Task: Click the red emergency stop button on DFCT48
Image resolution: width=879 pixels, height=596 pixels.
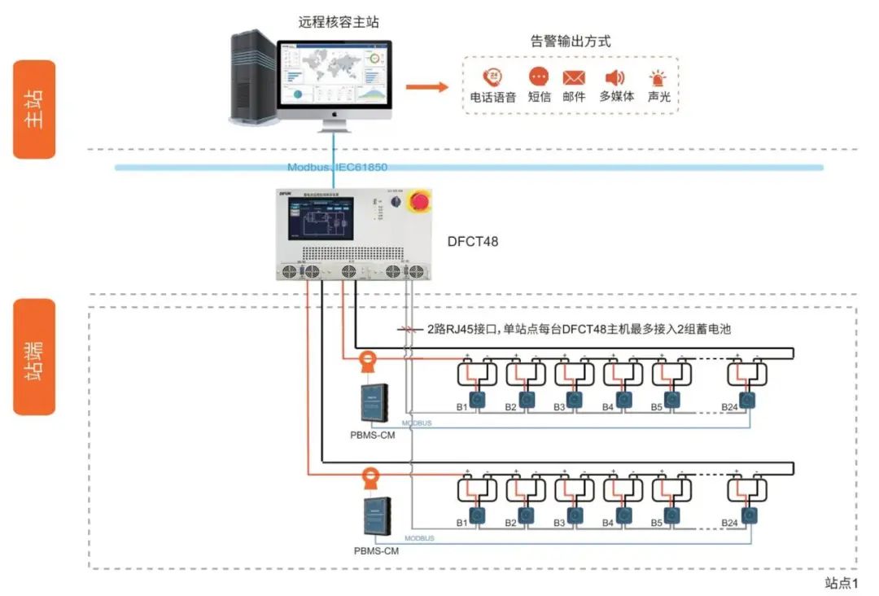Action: pos(421,201)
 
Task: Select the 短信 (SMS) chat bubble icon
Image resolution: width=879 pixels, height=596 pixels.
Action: pos(539,77)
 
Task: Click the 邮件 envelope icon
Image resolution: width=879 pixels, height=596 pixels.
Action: pos(574,78)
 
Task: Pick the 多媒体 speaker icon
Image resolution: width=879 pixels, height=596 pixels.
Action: pos(614,78)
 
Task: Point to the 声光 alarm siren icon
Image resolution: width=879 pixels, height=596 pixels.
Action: pos(657,78)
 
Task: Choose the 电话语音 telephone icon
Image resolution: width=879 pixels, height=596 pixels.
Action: pos(492,77)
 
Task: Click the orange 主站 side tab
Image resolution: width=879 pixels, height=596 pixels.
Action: pos(34,109)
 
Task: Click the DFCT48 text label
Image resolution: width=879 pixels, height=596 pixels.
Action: pos(472,242)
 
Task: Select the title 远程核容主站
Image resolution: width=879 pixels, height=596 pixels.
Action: pos(339,22)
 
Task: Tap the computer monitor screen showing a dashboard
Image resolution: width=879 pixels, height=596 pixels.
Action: pos(334,73)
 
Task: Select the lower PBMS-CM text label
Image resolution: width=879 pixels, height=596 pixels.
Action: pos(376,550)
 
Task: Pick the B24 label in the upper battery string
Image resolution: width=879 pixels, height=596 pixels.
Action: pos(729,407)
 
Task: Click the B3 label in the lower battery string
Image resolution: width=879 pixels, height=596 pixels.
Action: pos(559,523)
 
